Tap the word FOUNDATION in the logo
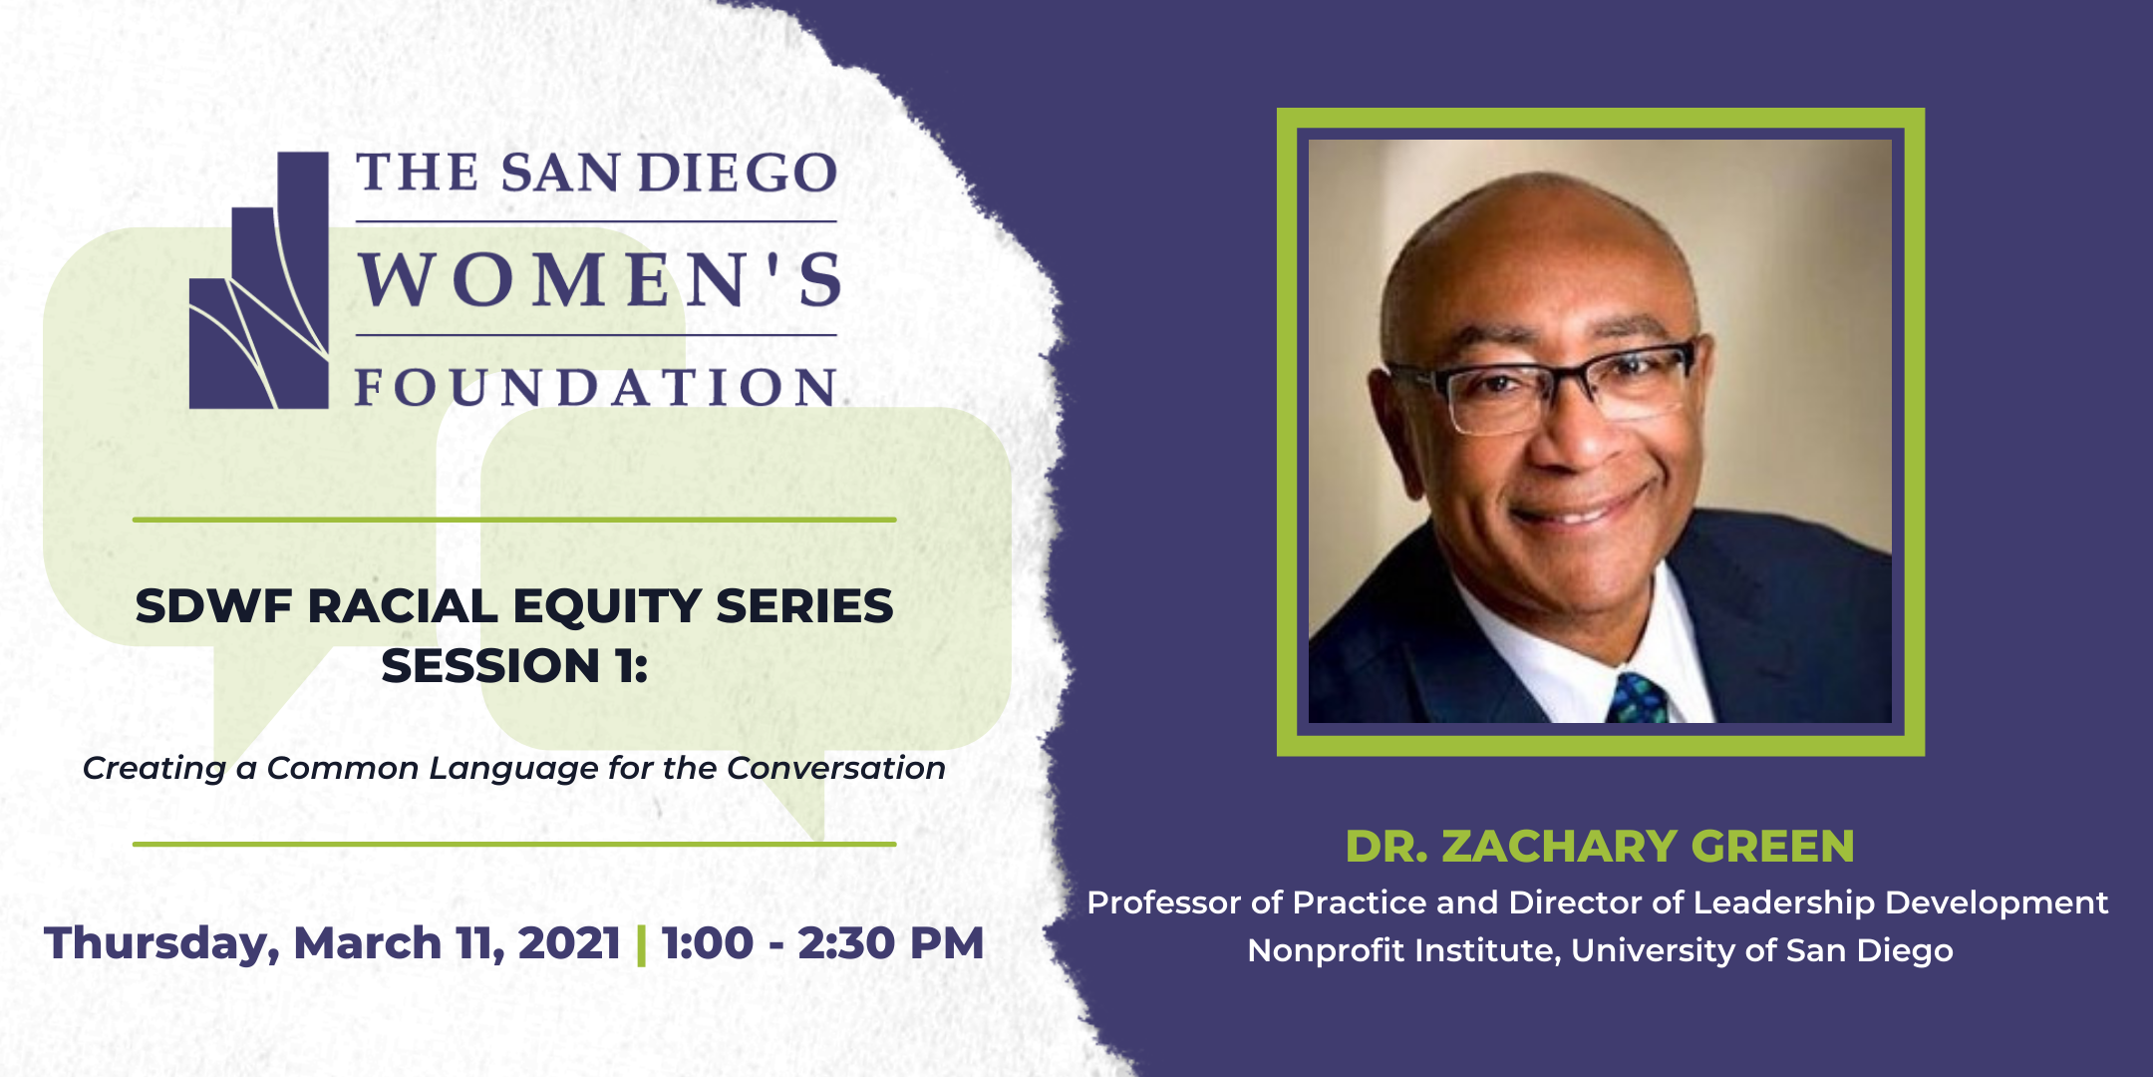[596, 387]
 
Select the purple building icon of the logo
[259, 280]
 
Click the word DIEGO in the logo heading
[738, 173]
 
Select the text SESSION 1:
[514, 666]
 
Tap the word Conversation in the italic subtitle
[835, 768]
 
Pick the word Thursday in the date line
[160, 944]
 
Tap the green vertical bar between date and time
[641, 944]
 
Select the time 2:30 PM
[891, 943]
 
